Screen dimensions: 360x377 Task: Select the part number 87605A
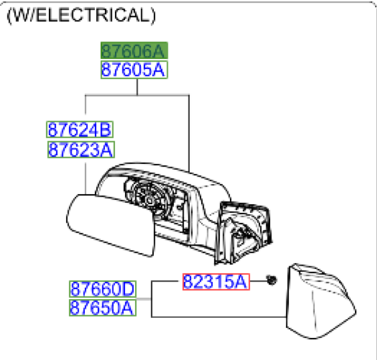pyautogui.click(x=134, y=70)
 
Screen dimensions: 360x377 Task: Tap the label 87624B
pyautogui.click(x=79, y=130)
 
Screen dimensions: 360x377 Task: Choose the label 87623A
pyautogui.click(x=79, y=150)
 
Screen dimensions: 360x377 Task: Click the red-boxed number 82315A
pyautogui.click(x=216, y=282)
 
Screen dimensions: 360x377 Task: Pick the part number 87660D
pyautogui.click(x=102, y=290)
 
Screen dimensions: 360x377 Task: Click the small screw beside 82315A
pyautogui.click(x=271, y=281)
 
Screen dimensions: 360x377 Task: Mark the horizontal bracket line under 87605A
pyautogui.click(x=137, y=95)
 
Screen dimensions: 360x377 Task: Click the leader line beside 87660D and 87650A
pyautogui.click(x=151, y=299)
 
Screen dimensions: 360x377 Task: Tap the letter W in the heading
pyautogui.click(x=21, y=16)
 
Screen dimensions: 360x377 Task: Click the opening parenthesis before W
pyautogui.click(x=9, y=16)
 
